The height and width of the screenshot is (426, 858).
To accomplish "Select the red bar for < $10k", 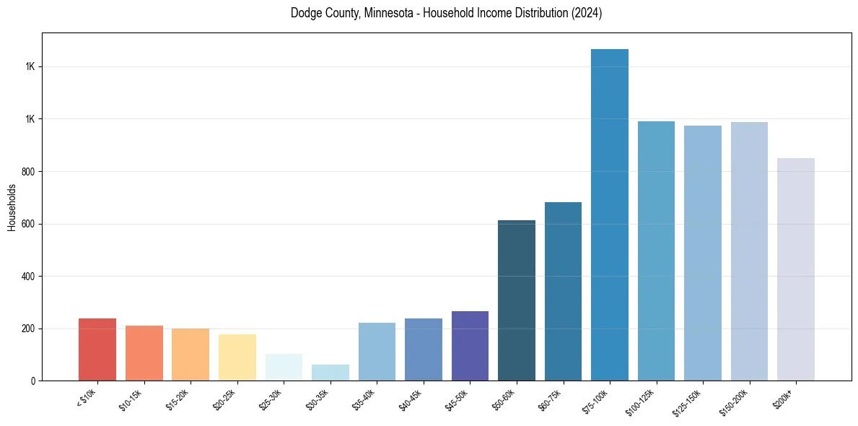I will pos(97,349).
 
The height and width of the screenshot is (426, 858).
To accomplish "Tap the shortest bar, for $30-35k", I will pos(330,373).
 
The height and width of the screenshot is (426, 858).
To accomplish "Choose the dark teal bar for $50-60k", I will pos(517,300).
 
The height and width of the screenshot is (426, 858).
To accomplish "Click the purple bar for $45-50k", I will pos(470,346).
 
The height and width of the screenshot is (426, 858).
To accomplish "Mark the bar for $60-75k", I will pos(563,292).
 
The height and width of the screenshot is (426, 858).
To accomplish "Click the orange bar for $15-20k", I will pos(191,355).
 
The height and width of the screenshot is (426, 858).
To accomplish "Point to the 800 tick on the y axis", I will pos(30,172).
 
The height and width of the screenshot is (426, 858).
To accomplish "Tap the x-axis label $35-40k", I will pos(364,399).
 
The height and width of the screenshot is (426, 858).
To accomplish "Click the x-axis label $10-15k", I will pos(131,399).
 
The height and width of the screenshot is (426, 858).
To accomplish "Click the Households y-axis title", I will pos(12,207).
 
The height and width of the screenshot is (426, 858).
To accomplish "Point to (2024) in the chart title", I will pos(587,13).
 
